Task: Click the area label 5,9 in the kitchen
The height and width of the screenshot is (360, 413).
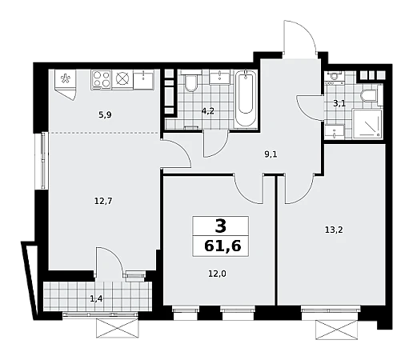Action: (x=105, y=115)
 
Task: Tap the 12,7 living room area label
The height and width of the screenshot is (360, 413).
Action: (x=103, y=201)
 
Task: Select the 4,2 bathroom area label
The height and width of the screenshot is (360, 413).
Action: (x=207, y=111)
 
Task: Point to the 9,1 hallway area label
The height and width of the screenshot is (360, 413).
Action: (x=271, y=154)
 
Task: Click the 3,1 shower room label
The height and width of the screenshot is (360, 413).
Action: (x=339, y=103)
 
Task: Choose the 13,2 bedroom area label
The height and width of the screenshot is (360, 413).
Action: (x=334, y=230)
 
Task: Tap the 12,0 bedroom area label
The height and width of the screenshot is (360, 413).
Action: (x=217, y=274)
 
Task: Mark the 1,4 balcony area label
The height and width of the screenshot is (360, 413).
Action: (x=96, y=298)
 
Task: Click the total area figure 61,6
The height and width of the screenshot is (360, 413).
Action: (x=223, y=246)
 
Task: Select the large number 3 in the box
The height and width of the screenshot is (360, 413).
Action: (x=220, y=226)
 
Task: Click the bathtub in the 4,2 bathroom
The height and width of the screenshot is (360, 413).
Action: (x=246, y=98)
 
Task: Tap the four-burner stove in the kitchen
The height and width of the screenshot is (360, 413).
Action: (x=101, y=79)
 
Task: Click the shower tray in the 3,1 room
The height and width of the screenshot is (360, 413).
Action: (x=367, y=123)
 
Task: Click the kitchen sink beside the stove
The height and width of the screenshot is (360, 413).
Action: (x=143, y=79)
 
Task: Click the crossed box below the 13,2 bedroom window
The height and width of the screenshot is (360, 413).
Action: (x=336, y=330)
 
